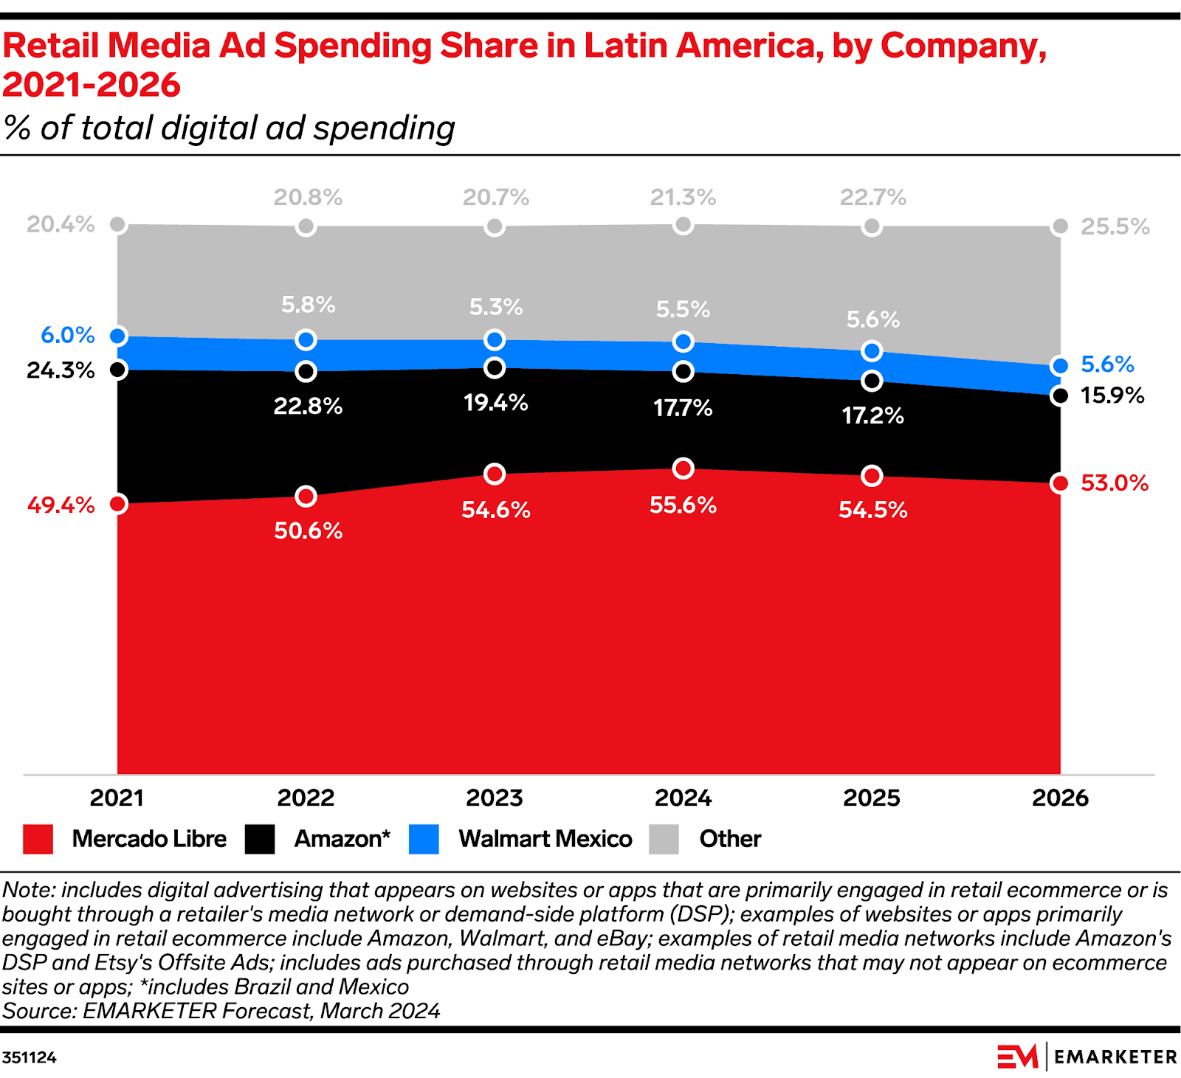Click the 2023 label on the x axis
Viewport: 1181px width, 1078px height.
(x=494, y=798)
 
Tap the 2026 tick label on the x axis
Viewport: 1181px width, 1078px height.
(x=1060, y=798)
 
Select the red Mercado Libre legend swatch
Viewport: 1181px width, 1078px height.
(x=38, y=839)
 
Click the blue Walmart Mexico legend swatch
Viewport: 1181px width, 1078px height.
(x=424, y=839)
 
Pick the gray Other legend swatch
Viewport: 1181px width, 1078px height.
(x=664, y=839)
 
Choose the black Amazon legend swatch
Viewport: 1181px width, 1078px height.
(x=260, y=839)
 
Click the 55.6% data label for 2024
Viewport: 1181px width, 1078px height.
(x=683, y=505)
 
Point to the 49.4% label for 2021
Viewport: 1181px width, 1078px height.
(x=61, y=505)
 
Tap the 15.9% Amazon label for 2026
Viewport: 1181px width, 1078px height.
(x=1112, y=395)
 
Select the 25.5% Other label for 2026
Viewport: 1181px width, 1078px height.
(x=1115, y=227)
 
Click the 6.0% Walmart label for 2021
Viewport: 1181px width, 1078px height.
(x=67, y=335)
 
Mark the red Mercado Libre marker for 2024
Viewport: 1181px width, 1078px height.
(x=684, y=469)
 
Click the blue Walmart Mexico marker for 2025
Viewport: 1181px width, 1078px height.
(x=872, y=350)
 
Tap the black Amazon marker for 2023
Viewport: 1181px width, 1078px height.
(x=495, y=367)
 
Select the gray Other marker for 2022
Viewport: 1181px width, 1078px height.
(x=306, y=226)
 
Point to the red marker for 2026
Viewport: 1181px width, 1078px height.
(x=1060, y=483)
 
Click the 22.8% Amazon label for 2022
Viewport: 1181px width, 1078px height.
(x=308, y=406)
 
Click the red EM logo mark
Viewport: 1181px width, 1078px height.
(x=1017, y=1057)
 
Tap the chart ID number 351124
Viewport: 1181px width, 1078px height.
(x=29, y=1057)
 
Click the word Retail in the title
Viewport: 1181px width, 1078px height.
(x=50, y=46)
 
